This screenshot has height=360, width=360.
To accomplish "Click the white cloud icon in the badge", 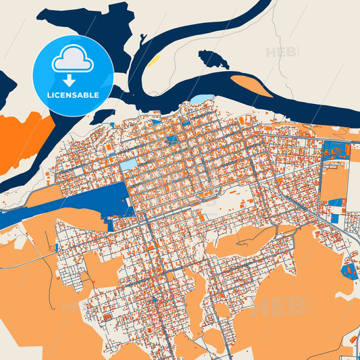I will [73, 59].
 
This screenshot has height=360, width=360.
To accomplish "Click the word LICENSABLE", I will [73, 95].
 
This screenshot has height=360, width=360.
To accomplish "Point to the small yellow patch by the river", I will [154, 61].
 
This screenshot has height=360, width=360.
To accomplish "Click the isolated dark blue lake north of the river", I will [213, 59].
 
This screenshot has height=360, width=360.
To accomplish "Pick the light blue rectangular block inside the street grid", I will [128, 164].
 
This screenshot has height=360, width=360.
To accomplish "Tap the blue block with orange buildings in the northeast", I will [335, 150].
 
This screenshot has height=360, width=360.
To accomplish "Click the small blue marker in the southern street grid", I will [154, 299].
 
